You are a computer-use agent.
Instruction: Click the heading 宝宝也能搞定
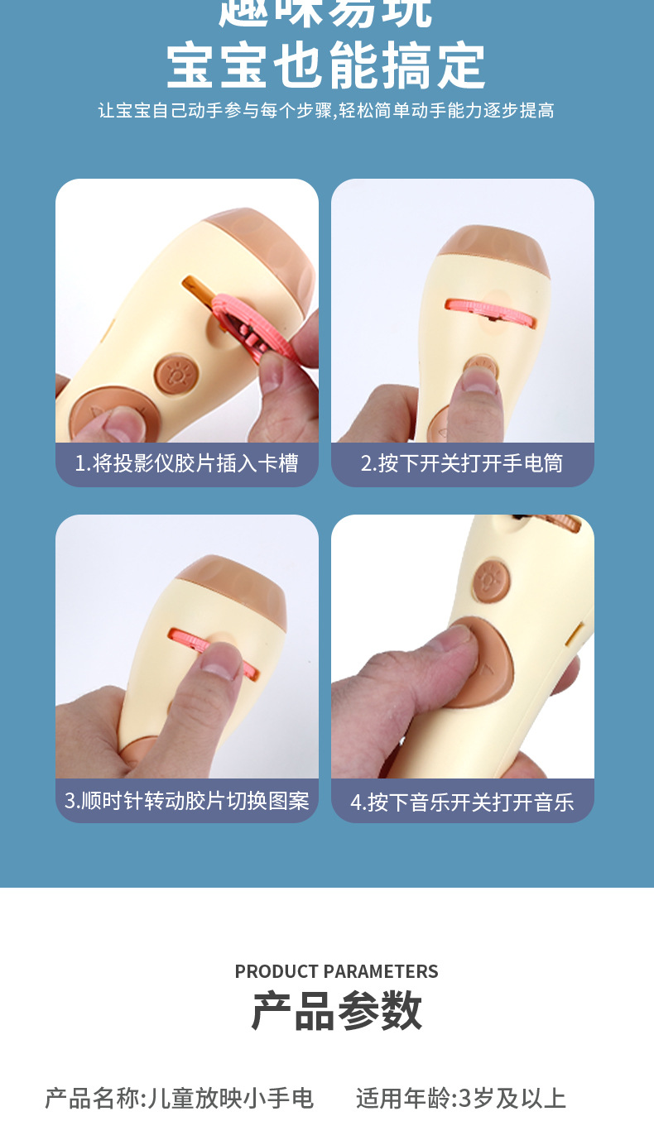click(326, 66)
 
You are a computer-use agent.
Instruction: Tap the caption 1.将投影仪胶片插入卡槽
click(186, 463)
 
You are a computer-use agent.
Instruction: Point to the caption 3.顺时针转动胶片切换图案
click(186, 801)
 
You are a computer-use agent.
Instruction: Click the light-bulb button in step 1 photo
click(175, 374)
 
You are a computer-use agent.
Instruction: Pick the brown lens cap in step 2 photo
click(493, 252)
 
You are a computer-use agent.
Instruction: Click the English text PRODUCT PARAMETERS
click(336, 971)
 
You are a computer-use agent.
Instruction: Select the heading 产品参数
click(336, 1011)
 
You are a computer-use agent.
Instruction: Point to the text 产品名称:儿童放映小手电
click(180, 1098)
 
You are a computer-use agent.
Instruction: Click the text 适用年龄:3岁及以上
click(461, 1098)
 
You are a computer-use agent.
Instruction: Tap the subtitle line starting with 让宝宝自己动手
click(326, 111)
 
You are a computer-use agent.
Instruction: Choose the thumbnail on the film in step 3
click(219, 662)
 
